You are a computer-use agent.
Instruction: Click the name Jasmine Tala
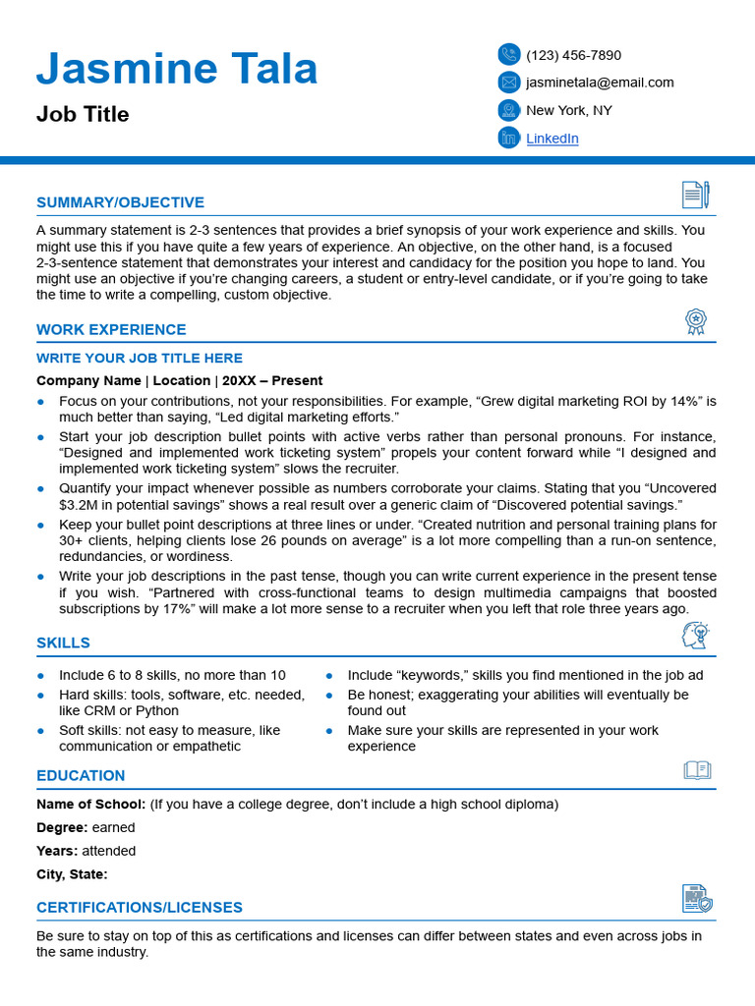177,69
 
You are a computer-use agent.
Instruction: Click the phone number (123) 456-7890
573,55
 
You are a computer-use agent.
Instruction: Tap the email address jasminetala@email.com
600,83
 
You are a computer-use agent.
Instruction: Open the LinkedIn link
552,139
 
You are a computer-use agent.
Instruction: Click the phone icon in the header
508,55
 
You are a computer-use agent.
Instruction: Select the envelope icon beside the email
508,83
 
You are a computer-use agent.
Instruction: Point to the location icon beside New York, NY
508,110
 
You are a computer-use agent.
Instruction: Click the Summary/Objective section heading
120,202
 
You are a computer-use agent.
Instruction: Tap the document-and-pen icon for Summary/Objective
695,195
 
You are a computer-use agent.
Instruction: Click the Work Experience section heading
111,330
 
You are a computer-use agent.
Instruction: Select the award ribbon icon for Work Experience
696,321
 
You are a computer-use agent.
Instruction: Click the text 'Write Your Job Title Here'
140,359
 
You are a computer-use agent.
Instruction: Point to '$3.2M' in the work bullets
80,505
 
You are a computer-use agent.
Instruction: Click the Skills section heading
63,643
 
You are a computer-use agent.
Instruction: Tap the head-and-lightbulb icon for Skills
695,636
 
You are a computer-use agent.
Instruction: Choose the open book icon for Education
697,770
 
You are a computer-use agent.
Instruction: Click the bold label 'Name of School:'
90,805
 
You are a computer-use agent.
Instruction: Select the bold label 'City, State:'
72,874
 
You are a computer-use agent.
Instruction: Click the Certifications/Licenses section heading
140,908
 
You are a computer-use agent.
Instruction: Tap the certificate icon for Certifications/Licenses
697,898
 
